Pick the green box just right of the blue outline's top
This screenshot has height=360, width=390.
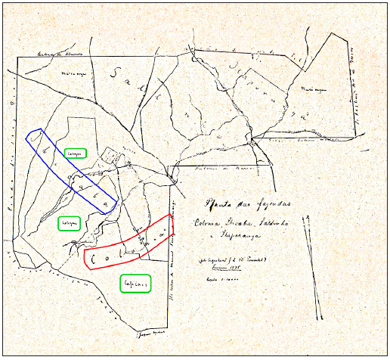76,153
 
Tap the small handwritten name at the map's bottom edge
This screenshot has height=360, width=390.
151,333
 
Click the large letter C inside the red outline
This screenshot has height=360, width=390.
94,259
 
